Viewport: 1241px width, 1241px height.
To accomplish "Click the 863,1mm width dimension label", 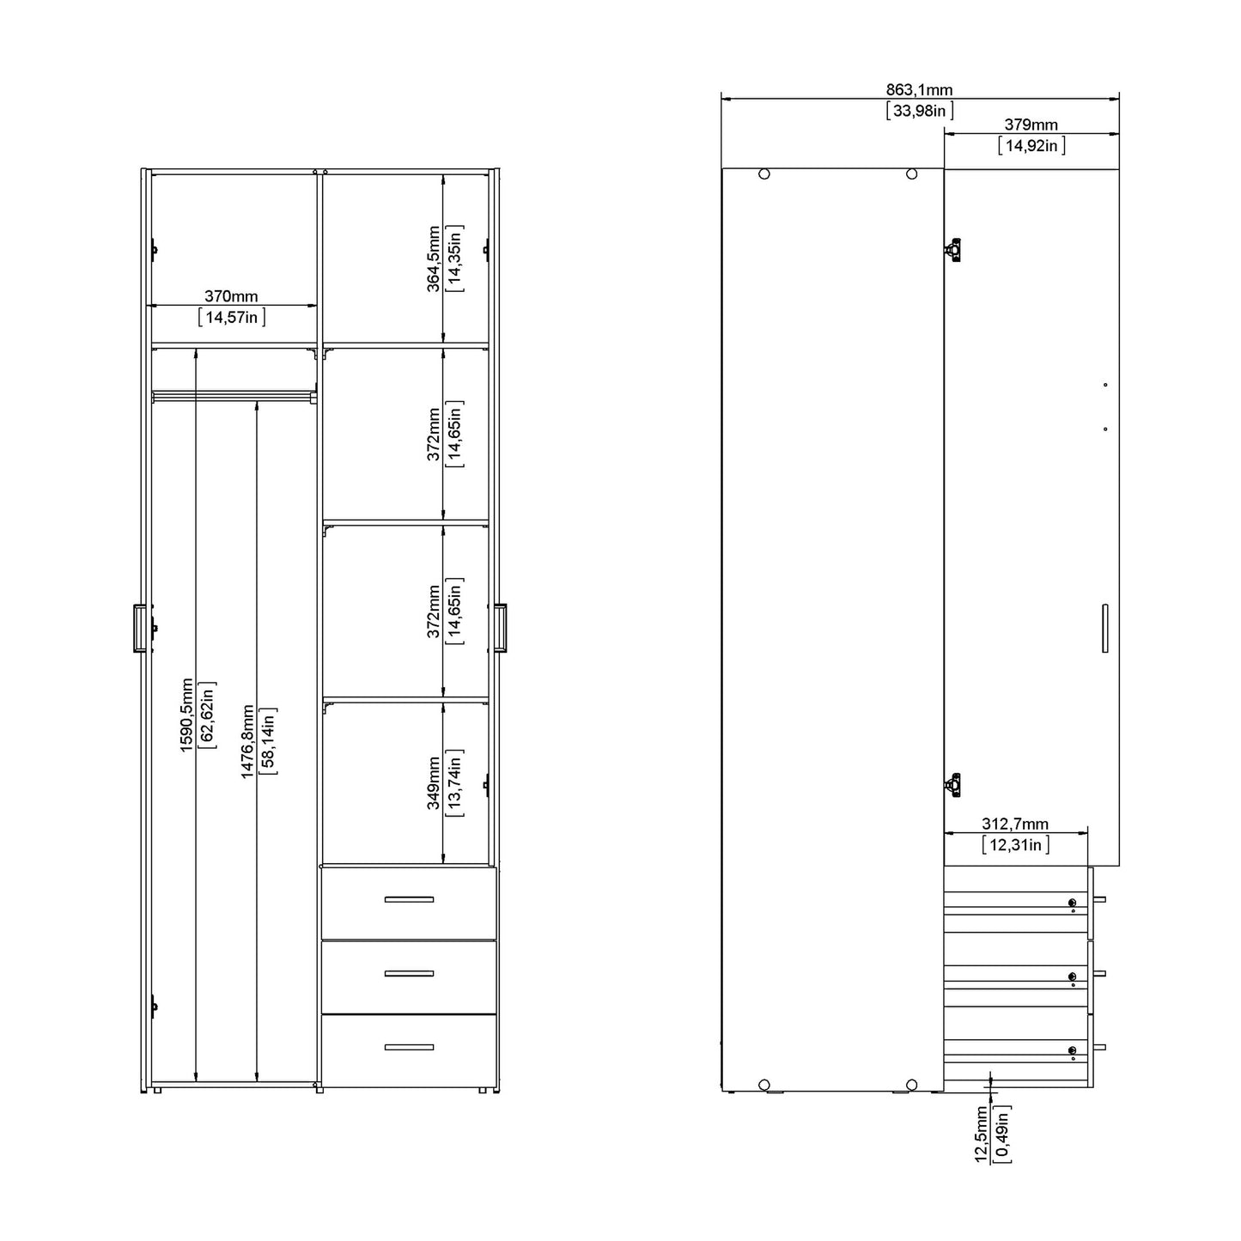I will (919, 90).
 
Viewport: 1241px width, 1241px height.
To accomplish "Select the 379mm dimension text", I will (1031, 125).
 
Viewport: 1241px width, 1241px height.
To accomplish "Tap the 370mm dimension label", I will (231, 296).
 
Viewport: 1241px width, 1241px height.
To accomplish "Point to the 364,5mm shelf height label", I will (434, 259).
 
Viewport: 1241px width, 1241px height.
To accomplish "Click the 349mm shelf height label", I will (434, 782).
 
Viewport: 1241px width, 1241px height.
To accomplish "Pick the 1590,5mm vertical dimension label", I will (186, 715).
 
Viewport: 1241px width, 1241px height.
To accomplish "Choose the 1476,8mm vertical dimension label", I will (247, 742).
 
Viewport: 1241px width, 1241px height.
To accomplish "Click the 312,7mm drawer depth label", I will (1015, 824).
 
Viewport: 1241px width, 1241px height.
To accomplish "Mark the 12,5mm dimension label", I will (981, 1135).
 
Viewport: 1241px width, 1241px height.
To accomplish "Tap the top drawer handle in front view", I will (409, 899).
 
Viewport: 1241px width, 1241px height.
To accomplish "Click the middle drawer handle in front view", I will (409, 973).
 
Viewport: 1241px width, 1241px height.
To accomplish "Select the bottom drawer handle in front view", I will (409, 1047).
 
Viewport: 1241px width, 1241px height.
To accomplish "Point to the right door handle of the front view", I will (500, 628).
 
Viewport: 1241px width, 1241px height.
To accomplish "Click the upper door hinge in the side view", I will (952, 249).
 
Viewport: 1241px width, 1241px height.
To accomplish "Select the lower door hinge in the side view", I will (952, 784).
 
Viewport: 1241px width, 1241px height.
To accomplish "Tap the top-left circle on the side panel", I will (764, 174).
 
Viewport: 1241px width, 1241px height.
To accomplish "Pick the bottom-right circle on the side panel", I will (912, 1085).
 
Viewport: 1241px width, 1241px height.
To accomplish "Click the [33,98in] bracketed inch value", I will (919, 111).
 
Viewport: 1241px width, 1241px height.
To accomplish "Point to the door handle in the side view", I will (1104, 629).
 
